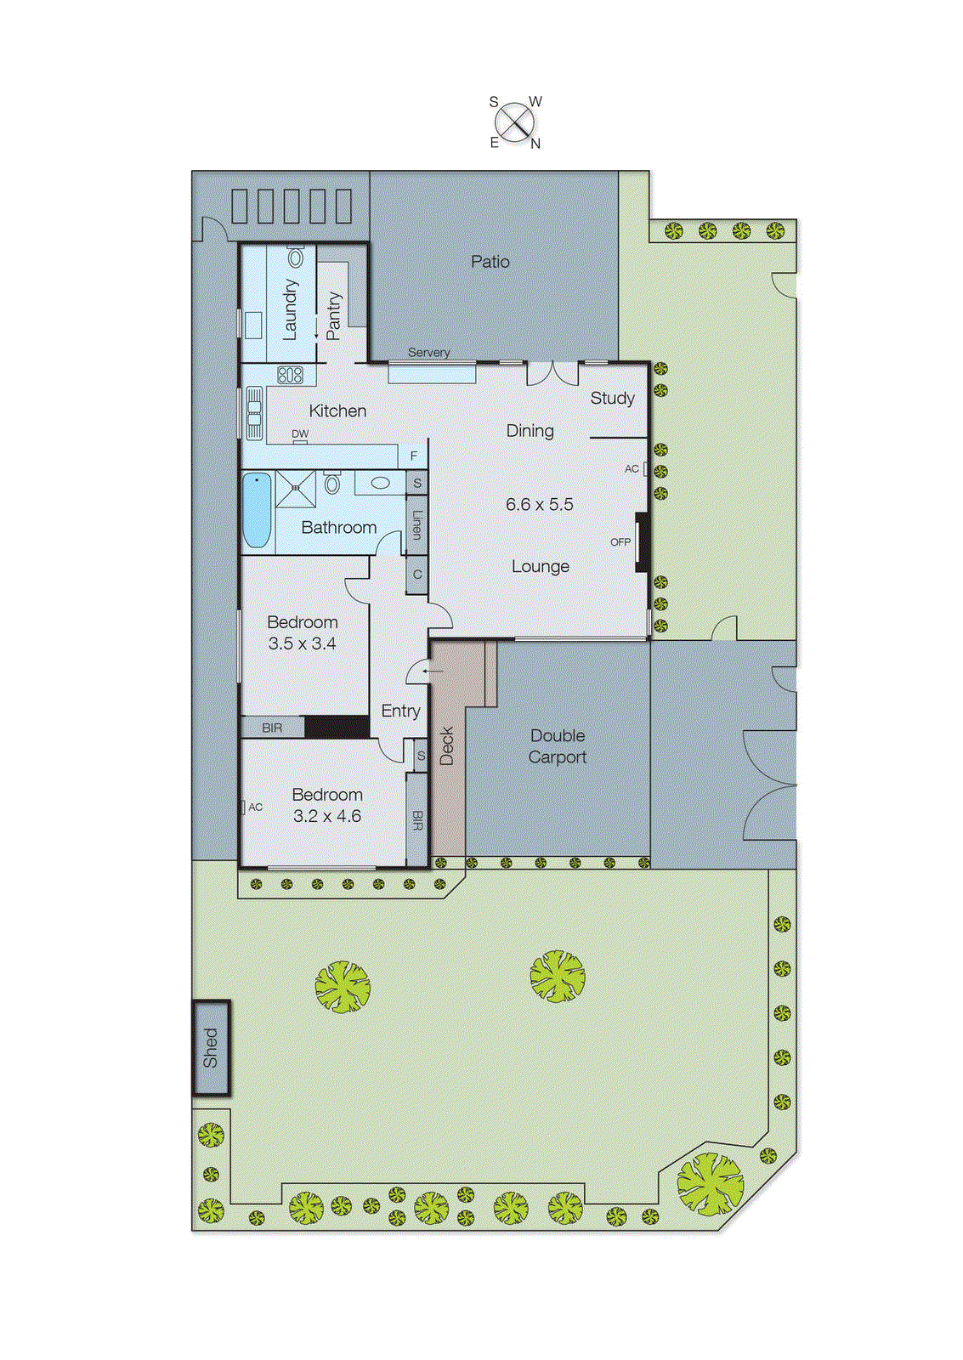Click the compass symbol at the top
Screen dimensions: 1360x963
[x=514, y=122]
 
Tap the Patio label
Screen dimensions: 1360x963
[x=490, y=262]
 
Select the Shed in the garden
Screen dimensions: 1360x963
[x=211, y=1047]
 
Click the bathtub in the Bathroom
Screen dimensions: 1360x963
[x=257, y=510]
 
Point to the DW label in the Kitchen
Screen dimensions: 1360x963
[x=300, y=433]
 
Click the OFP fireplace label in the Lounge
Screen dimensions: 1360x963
[x=620, y=541]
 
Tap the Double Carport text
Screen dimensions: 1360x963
[x=558, y=746]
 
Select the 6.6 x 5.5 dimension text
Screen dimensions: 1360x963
[x=539, y=504]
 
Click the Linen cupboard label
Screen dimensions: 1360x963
[x=416, y=524]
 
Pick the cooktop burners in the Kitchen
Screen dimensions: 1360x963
[x=290, y=374]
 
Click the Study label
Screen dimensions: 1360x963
[x=612, y=398]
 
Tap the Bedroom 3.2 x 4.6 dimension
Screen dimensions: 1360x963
[x=327, y=816]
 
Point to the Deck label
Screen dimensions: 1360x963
[x=447, y=746]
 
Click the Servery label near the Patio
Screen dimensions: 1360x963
[x=428, y=352]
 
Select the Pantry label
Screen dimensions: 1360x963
[x=333, y=316]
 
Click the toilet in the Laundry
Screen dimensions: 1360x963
[x=296, y=256]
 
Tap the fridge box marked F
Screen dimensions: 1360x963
[x=414, y=456]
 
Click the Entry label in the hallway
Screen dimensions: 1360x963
[x=400, y=711]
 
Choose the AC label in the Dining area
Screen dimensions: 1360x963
[x=632, y=468]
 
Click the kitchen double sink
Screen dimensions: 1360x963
[x=254, y=414]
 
